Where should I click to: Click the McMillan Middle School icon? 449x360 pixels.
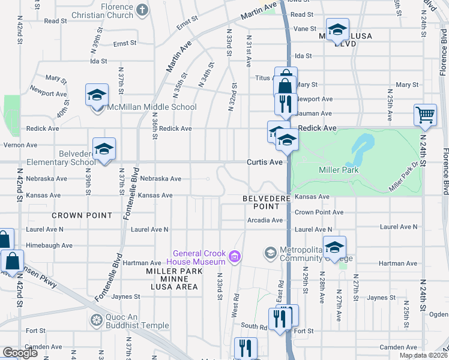96,96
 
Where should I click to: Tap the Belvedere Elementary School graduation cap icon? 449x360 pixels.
104,149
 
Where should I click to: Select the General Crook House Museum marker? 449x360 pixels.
235,257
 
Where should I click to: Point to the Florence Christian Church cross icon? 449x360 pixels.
142,10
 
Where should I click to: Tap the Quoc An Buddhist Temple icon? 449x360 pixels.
95,320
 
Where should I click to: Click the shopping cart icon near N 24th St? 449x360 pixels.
424,115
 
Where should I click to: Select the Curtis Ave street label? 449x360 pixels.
264,163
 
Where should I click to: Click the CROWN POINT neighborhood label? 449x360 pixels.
82,215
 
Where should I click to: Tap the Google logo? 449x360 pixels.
20,353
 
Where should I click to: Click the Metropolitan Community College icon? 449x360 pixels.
270,253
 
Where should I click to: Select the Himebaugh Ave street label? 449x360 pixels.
49,245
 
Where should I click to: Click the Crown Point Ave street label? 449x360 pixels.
319,212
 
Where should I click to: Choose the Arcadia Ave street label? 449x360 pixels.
265,220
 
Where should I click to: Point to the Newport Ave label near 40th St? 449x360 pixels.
49,94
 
